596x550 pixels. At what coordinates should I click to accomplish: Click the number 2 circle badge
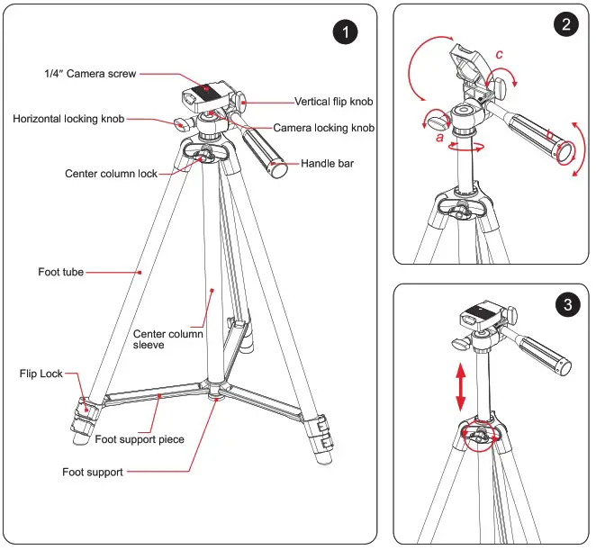[x=565, y=25]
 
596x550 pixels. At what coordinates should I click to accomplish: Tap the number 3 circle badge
[x=565, y=305]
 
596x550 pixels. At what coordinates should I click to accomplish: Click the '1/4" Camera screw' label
[x=91, y=74]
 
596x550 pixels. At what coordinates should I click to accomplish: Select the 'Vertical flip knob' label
[x=335, y=102]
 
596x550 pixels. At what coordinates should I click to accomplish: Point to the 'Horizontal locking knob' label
[x=68, y=119]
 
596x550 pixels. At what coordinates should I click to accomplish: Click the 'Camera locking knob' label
[x=323, y=129]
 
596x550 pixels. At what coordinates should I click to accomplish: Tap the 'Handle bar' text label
[x=330, y=164]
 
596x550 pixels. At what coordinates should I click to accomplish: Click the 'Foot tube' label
[x=61, y=271]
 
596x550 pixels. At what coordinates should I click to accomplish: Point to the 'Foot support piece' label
[x=140, y=439]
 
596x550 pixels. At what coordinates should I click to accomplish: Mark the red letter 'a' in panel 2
[x=438, y=140]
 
